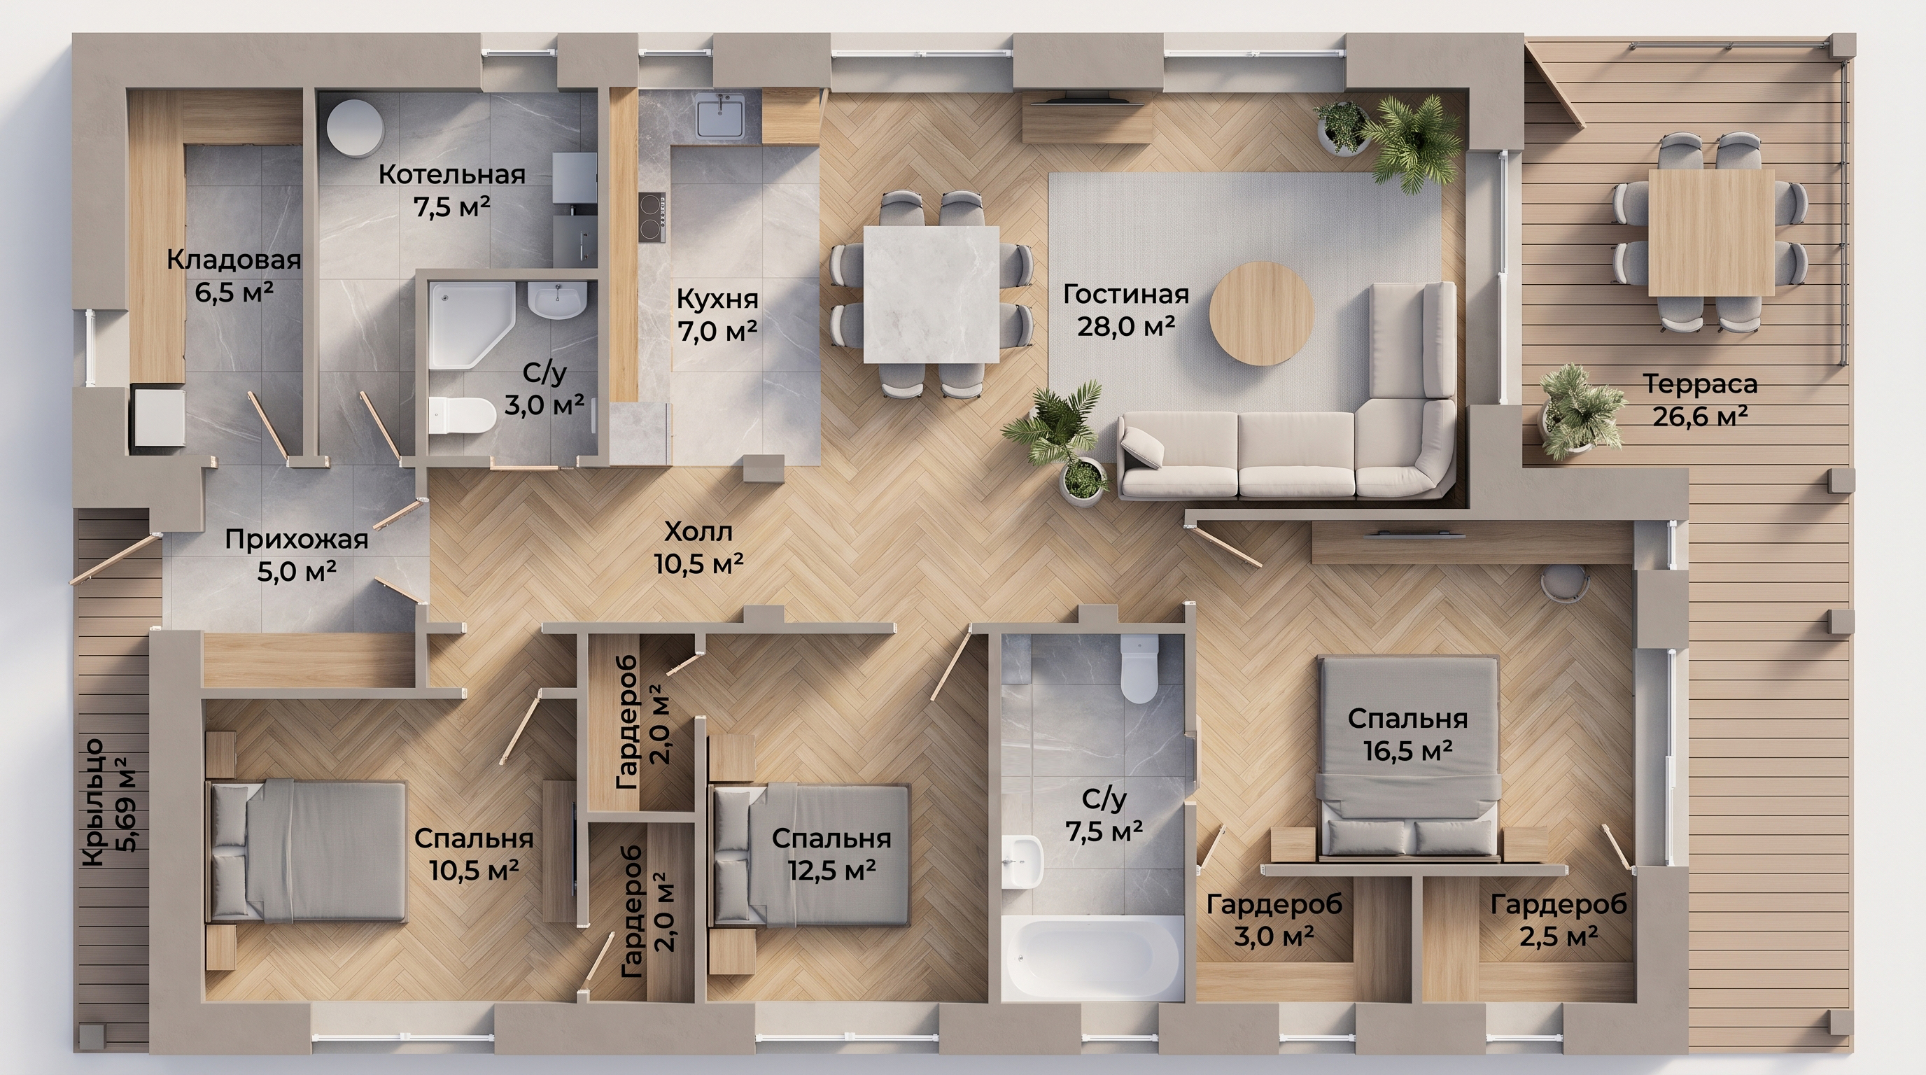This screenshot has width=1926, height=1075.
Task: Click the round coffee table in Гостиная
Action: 1261,314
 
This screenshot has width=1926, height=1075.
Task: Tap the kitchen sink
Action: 720,119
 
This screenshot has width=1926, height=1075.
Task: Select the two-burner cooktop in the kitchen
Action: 652,217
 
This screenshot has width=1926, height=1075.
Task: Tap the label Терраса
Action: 1699,384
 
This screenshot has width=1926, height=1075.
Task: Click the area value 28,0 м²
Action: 1126,326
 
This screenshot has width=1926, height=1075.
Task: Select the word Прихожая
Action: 297,540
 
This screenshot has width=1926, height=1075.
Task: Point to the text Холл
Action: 698,531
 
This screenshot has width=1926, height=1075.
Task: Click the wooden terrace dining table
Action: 1710,232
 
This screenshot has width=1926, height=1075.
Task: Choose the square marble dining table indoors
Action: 931,294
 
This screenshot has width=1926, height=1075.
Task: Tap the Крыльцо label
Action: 94,803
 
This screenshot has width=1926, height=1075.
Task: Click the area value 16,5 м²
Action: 1408,750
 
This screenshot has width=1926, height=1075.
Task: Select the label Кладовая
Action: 233,260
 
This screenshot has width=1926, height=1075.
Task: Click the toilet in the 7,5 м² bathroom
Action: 1139,668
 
